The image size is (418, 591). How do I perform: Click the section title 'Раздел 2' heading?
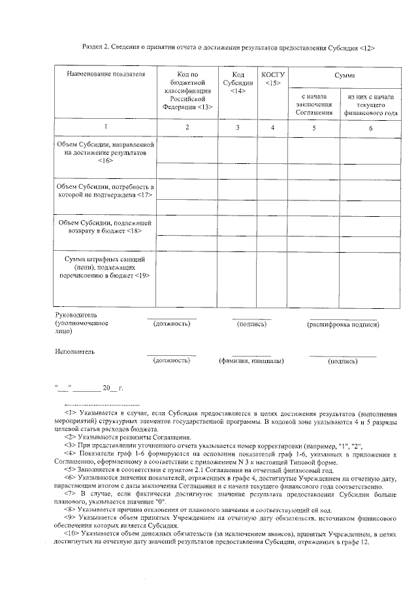228,48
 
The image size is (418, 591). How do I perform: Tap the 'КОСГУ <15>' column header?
273,79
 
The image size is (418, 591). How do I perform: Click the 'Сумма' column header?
344,76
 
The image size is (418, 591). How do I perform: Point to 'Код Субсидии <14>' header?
238,83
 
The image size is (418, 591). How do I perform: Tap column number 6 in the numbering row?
370,128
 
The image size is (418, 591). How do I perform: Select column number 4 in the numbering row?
273,127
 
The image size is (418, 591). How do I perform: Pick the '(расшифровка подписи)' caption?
343,324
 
